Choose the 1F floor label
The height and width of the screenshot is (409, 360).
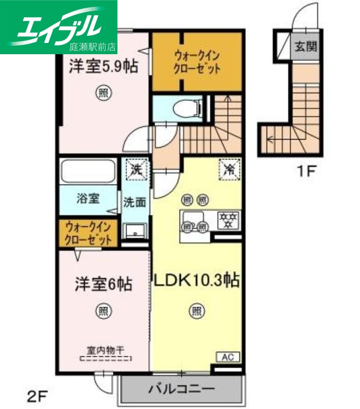[x=307, y=172]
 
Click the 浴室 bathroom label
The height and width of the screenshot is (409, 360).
[x=88, y=198]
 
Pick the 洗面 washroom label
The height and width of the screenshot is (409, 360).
[x=134, y=202]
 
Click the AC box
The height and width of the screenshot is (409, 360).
[x=228, y=356]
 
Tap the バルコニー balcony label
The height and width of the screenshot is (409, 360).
[x=182, y=389]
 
